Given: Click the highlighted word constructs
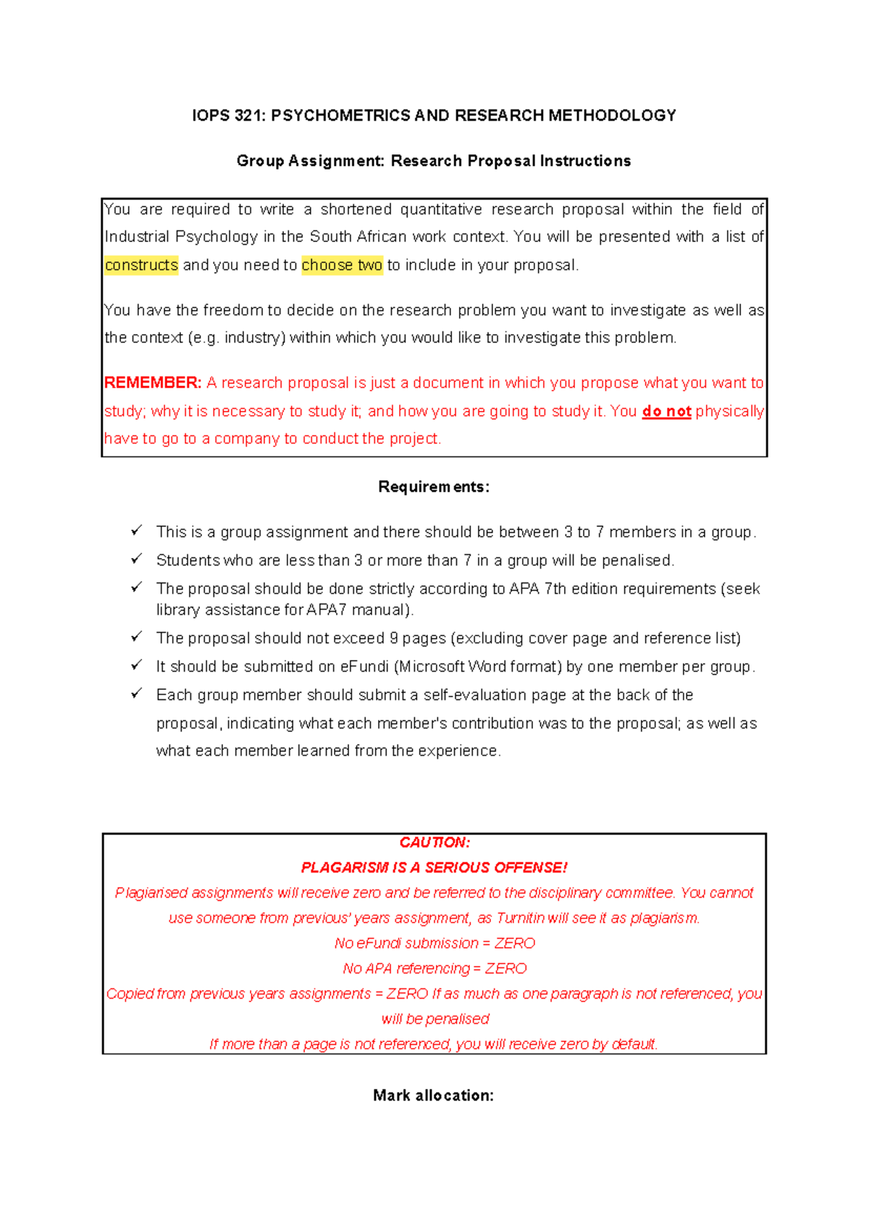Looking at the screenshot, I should click(x=141, y=265).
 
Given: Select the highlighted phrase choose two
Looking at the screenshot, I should click(x=342, y=265).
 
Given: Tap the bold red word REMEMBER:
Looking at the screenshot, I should click(x=153, y=383).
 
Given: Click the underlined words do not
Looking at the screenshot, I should click(x=666, y=412).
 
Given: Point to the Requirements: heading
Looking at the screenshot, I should click(x=434, y=487).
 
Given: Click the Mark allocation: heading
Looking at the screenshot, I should click(x=433, y=1096).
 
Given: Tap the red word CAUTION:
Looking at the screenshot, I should click(x=434, y=843).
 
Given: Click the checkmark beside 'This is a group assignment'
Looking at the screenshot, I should click(x=136, y=531).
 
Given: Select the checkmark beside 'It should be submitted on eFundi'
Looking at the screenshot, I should click(x=136, y=665).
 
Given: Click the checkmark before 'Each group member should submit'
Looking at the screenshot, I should click(x=136, y=693).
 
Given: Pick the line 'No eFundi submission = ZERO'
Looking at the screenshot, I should click(x=434, y=943).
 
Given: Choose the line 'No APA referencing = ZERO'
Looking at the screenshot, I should click(x=434, y=969).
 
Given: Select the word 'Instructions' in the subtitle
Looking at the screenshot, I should click(x=584, y=161).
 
